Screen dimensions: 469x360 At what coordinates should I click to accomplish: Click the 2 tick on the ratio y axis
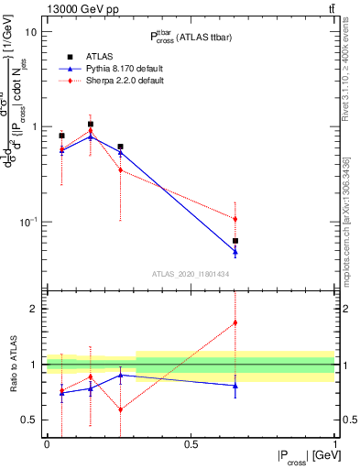pyautogui.click(x=34, y=309)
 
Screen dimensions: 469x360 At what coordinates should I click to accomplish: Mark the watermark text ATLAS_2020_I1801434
pyautogui.click(x=191, y=274)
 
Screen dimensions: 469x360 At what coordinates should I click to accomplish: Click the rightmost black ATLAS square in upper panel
pyautogui.click(x=235, y=241)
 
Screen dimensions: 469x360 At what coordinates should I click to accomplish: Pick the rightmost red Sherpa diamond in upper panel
pyautogui.click(x=235, y=219)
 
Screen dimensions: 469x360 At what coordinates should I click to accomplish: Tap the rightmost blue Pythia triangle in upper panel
pyautogui.click(x=235, y=251)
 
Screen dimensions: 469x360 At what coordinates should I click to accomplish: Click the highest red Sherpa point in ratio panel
pyautogui.click(x=235, y=322)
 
